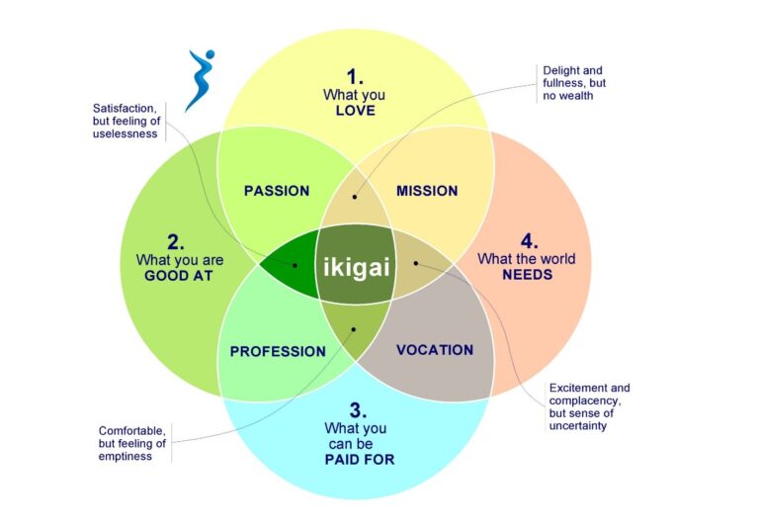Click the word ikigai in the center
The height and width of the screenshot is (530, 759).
pyautogui.click(x=356, y=266)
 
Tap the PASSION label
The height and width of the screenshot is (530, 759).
pyautogui.click(x=277, y=191)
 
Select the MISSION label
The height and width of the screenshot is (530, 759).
pyautogui.click(x=427, y=191)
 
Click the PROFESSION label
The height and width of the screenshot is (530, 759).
pyautogui.click(x=278, y=351)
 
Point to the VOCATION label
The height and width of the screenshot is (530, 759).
pyautogui.click(x=434, y=349)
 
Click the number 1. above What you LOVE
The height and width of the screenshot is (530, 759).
pyautogui.click(x=355, y=75)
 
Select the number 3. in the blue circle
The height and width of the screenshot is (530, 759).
pyautogui.click(x=355, y=409)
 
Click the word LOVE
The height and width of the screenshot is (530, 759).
pyautogui.click(x=355, y=111)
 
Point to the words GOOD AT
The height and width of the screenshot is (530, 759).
pyautogui.click(x=179, y=276)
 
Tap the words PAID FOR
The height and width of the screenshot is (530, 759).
pyautogui.click(x=360, y=459)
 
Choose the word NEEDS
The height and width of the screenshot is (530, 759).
pyautogui.click(x=527, y=275)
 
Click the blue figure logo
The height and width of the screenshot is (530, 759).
pyautogui.click(x=200, y=79)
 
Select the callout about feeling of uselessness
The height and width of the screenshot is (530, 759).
pyautogui.click(x=126, y=121)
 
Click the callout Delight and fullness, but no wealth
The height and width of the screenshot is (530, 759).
pyautogui.click(x=574, y=84)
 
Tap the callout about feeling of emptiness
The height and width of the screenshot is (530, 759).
pyautogui.click(x=132, y=443)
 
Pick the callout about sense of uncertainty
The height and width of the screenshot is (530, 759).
pyautogui.click(x=589, y=406)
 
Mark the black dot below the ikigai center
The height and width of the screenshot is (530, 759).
pyautogui.click(x=354, y=327)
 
